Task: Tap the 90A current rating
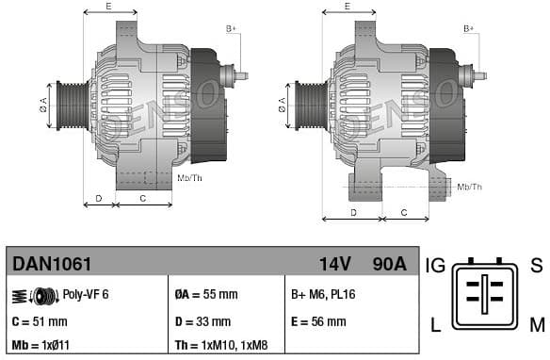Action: coord(387,262)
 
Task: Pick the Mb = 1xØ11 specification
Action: coord(40,346)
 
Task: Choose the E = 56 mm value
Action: coord(318,320)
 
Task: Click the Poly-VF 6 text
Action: coord(86,294)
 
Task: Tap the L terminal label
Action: coord(435,326)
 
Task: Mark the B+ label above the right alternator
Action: coord(469,29)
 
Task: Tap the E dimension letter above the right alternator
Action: coord(347,6)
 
